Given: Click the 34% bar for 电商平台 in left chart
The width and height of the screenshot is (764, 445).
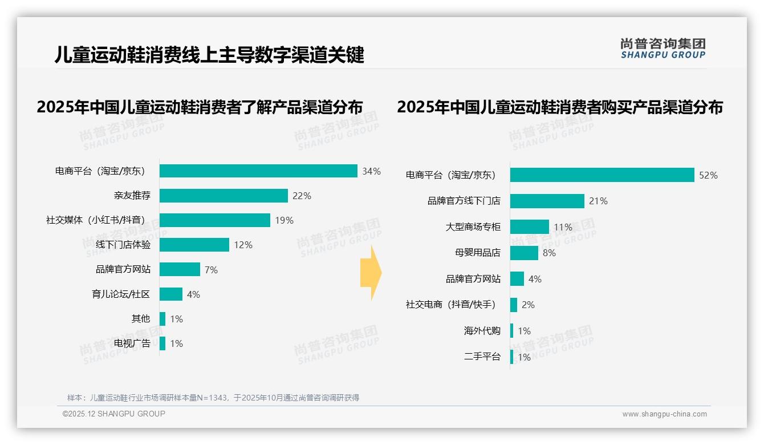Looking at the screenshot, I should point(258,171).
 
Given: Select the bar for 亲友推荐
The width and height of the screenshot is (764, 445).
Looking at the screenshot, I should point(223,196).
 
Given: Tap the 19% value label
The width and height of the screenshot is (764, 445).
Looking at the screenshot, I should point(284,220).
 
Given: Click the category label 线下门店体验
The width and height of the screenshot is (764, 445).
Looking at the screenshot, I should point(123,245).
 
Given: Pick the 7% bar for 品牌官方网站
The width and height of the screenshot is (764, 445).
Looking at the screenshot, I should point(180,269).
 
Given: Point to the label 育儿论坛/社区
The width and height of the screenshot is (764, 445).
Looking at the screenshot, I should point(121,294).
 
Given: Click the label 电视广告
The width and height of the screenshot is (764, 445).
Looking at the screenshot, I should point(132,343).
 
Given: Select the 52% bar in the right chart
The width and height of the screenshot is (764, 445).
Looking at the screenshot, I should point(602,175).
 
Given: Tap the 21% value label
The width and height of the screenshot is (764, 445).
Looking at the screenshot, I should point(599,201).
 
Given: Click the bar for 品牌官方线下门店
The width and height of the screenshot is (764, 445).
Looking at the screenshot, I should point(547,201).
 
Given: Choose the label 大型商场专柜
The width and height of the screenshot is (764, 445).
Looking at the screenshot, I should point(473,227).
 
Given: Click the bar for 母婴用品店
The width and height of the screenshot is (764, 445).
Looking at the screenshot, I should point(524,253).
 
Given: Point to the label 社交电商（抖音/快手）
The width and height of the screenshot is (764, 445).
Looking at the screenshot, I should point(450,305).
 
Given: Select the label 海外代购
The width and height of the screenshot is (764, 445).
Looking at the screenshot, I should point(482,331).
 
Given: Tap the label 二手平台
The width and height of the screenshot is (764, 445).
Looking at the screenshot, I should point(482,357).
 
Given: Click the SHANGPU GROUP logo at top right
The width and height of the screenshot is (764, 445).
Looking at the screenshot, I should point(663,48).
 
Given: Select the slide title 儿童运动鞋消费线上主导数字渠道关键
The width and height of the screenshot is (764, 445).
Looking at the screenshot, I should point(209,55).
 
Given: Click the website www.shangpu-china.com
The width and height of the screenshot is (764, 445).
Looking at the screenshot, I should point(664,414).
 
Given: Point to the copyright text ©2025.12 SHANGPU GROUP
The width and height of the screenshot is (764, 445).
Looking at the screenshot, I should point(114,414).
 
